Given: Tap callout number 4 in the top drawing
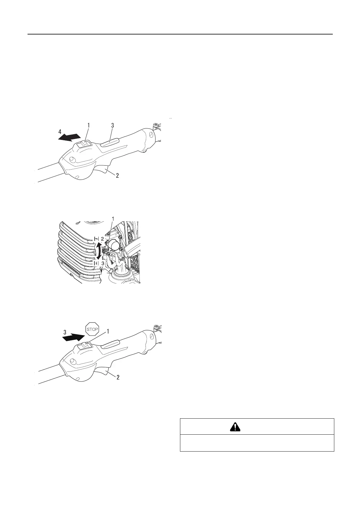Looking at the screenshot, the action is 60,132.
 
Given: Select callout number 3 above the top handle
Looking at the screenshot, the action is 112,125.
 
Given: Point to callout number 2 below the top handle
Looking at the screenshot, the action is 117,175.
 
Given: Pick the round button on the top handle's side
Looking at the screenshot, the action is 72,159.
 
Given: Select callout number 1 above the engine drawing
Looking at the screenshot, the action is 113,218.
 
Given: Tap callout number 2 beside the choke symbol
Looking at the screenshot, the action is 102,238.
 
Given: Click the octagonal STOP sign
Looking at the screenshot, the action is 93,329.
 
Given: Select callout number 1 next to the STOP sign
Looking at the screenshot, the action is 107,331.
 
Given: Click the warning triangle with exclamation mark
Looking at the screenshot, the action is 235,426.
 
